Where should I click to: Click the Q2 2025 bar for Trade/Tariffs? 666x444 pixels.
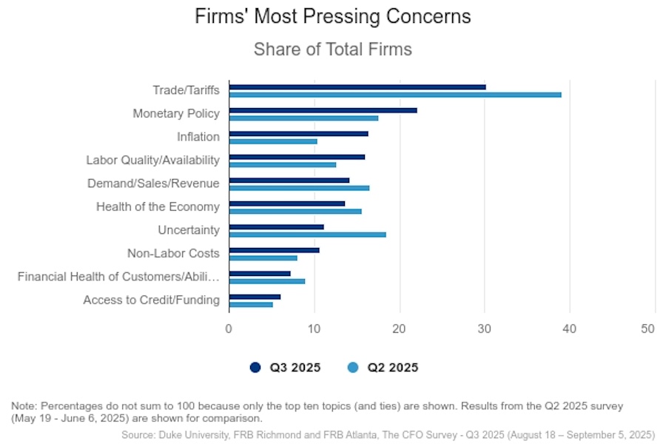click(x=395, y=95)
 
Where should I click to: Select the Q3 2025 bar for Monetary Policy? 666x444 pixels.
click(x=323, y=110)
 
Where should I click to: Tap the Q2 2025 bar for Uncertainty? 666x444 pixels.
click(x=307, y=235)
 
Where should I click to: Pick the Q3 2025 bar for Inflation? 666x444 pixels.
click(x=298, y=133)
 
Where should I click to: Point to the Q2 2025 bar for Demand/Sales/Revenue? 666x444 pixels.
click(x=299, y=188)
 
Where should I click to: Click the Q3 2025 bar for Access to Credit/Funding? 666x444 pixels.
click(x=255, y=297)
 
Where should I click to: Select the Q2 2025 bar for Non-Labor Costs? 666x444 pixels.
click(x=263, y=258)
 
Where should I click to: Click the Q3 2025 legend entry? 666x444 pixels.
click(x=285, y=368)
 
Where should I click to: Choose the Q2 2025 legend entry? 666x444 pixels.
click(x=383, y=368)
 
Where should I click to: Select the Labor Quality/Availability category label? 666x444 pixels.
click(x=152, y=160)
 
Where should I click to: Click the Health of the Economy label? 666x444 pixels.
click(x=158, y=206)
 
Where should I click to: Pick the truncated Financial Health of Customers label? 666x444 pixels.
click(x=118, y=277)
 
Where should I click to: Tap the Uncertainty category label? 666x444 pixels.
click(x=189, y=230)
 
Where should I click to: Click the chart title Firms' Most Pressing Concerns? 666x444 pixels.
click(x=333, y=16)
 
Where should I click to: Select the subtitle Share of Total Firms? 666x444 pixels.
click(x=333, y=50)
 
